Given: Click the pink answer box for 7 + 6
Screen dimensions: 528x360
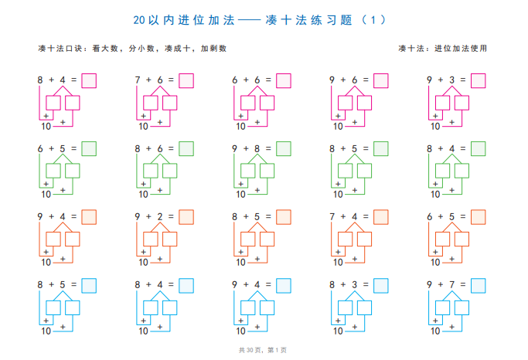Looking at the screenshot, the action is point(186,81).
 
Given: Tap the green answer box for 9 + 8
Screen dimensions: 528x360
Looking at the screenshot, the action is point(284,148).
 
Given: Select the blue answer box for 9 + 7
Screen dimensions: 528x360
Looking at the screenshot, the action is point(479,286).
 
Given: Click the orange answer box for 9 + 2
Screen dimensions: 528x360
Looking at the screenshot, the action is point(186,217).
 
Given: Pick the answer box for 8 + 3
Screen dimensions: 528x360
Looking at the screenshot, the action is point(381,286).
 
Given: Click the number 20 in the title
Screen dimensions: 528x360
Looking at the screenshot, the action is point(139,20).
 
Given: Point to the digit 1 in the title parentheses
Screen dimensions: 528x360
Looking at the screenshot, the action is point(373,20).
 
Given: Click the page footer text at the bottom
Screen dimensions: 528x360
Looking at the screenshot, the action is point(263,350).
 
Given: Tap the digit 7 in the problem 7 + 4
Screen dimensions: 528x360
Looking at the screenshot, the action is point(332,216).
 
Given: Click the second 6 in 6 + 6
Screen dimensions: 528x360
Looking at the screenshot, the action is point(257,80).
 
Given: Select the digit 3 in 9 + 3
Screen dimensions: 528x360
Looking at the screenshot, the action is point(452,80).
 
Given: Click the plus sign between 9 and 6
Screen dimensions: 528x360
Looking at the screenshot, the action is point(343,80).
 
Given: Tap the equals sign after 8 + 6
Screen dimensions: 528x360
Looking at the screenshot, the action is point(171,148).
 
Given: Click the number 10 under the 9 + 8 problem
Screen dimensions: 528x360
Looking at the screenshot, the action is point(240,195).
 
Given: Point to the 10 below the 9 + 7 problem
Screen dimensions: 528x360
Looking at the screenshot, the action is point(435,331).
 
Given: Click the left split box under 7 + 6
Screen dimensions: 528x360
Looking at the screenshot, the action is point(151,103).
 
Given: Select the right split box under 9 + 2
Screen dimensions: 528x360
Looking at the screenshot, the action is point(170,239).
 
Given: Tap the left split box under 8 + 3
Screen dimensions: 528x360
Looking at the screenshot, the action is point(345,307).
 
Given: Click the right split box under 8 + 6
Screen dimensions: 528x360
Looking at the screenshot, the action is point(170,171).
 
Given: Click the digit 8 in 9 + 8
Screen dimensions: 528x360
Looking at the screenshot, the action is point(257,148).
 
